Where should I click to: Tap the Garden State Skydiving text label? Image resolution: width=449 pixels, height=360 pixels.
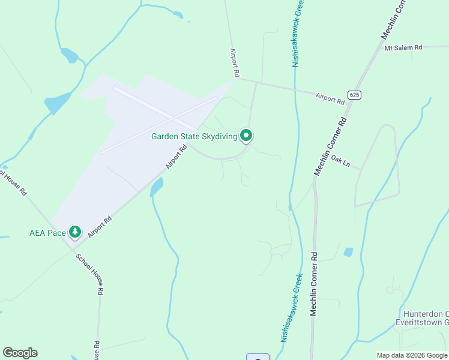194,136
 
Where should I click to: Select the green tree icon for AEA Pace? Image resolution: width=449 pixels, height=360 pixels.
74,232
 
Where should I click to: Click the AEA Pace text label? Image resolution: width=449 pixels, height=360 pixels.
47,232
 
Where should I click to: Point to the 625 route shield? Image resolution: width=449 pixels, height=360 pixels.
354,95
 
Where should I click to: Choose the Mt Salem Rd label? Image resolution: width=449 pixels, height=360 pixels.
403,47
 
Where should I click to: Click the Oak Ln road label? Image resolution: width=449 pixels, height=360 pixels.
340,162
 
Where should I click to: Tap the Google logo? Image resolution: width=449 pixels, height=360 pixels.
20,353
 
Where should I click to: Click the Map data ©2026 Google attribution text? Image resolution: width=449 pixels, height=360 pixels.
412,355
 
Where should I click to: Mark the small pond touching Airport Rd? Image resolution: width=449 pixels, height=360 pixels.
157,187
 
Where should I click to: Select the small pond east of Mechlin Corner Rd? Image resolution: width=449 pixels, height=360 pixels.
348,252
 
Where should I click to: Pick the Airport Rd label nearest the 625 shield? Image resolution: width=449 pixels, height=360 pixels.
330,98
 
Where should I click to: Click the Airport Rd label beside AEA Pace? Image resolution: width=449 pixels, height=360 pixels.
100,227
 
